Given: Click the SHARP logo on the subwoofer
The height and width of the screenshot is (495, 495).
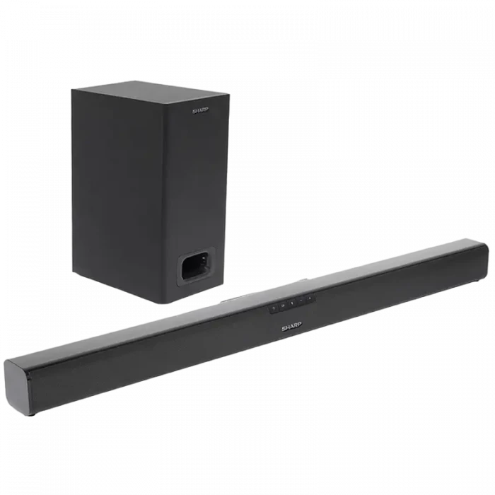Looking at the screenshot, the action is tap(200, 111).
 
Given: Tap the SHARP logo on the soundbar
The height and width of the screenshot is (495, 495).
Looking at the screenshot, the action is tap(291, 327).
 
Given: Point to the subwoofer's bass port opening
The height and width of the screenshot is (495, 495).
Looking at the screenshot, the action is tap(196, 267).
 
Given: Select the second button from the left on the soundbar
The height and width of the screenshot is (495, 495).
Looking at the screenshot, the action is tap(283, 305).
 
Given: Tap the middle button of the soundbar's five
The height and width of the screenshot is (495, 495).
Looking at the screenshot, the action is tap(292, 303).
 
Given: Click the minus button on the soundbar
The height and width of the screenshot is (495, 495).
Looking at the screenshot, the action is tap(301, 301).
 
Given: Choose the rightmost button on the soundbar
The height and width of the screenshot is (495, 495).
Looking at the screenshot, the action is tap(310, 298).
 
